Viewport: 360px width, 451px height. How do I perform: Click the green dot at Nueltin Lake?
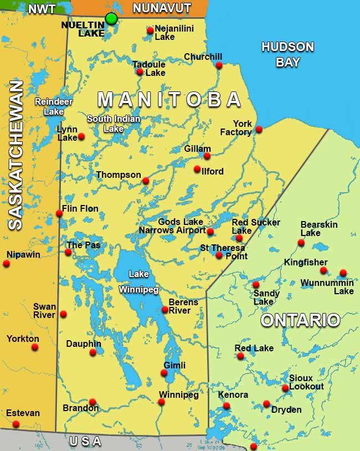click(x=111, y=19)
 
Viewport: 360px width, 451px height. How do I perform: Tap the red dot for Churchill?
click(x=219, y=65)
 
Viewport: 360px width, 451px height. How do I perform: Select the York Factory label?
click(x=235, y=128)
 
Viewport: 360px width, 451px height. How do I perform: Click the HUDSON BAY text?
click(x=287, y=54)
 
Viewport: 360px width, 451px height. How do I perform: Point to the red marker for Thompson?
click(x=146, y=181)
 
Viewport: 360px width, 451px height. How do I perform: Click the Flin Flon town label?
click(x=80, y=209)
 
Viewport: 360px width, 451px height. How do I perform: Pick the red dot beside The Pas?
click(x=68, y=252)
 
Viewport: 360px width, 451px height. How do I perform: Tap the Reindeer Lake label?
click(x=49, y=106)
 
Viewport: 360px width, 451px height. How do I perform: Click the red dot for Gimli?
click(x=164, y=373)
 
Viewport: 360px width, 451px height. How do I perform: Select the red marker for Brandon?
click(x=92, y=402)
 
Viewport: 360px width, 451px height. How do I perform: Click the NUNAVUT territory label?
click(x=162, y=8)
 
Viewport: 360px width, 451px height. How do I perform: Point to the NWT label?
click(x=42, y=9)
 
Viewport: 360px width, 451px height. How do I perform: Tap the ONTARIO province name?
click(x=300, y=320)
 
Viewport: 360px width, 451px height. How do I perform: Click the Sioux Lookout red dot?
click(x=285, y=388)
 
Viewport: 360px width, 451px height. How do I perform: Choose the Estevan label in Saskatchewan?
click(x=23, y=413)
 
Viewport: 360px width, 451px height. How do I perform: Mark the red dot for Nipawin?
click(x=6, y=263)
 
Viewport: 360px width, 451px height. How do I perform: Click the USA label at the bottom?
click(x=86, y=442)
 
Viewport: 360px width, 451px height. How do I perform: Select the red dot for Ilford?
click(x=197, y=169)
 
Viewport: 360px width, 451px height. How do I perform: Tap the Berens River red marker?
click(x=165, y=310)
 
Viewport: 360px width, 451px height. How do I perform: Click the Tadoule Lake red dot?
click(x=140, y=72)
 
